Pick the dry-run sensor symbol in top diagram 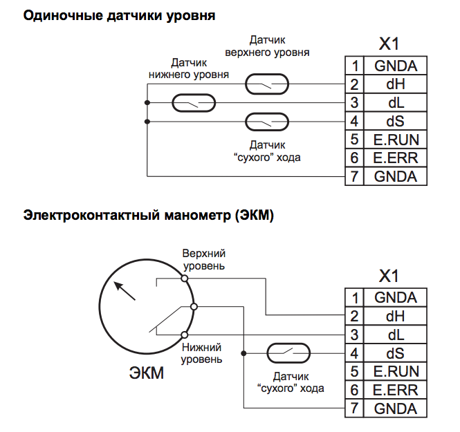266,122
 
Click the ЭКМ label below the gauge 147,375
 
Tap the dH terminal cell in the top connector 396,85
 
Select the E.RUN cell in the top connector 396,140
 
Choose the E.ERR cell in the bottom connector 396,390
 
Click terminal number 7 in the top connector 354,176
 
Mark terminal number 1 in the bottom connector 354,298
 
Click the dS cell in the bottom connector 396,353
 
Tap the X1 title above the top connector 389,45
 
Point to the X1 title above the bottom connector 389,276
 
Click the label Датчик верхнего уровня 267,46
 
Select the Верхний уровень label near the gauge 204,261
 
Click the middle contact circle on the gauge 194,307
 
